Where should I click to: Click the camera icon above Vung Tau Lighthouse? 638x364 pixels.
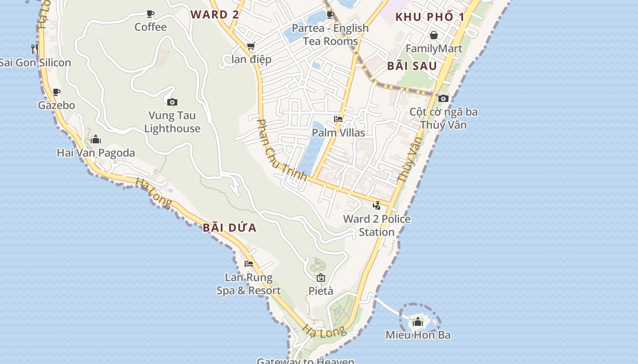pyautogui.click(x=172, y=102)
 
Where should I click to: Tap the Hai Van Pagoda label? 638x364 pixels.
pyautogui.click(x=96, y=153)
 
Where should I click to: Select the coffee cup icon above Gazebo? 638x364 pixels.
pyautogui.click(x=57, y=92)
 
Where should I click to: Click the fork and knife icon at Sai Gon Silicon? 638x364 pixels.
pyautogui.click(x=35, y=48)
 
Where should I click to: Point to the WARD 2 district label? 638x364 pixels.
pyautogui.click(x=215, y=15)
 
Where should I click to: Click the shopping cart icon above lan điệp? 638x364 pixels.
pyautogui.click(x=251, y=46)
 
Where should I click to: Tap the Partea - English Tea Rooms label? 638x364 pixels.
pyautogui.click(x=330, y=35)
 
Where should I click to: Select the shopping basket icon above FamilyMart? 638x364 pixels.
pyautogui.click(x=434, y=35)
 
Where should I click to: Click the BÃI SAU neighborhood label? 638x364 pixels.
pyautogui.click(x=412, y=66)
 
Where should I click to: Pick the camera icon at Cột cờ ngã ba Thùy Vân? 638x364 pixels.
pyautogui.click(x=443, y=98)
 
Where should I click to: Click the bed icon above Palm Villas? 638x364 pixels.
pyautogui.click(x=338, y=119)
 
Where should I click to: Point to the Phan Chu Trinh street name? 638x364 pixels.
pyautogui.click(x=282, y=150)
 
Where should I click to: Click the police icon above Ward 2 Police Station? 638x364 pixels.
pyautogui.click(x=376, y=205)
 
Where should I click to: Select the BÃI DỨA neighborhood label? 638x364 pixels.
pyautogui.click(x=230, y=227)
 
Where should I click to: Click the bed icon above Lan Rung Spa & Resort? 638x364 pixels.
pyautogui.click(x=249, y=263)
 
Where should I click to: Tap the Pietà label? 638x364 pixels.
pyautogui.click(x=321, y=291)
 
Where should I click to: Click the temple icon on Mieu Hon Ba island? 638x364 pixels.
pyautogui.click(x=417, y=322)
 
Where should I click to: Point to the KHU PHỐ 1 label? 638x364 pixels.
pyautogui.click(x=430, y=17)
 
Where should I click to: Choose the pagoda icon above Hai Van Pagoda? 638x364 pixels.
pyautogui.click(x=96, y=139)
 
